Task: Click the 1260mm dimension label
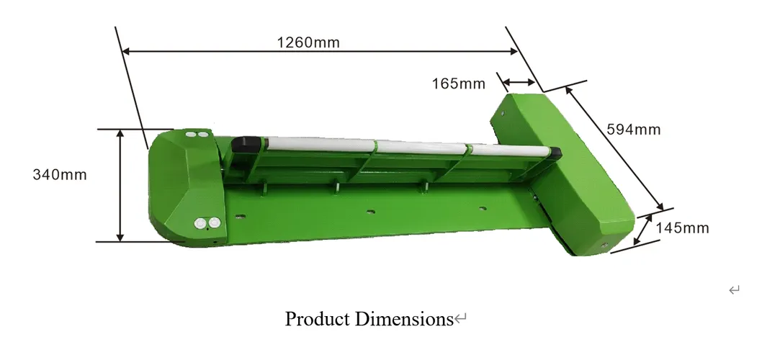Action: tap(308, 42)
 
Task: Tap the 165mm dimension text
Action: tap(459, 84)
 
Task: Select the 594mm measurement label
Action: tap(633, 130)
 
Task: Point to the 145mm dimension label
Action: tap(682, 228)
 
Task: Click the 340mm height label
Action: tap(60, 175)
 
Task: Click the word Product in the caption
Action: tap(317, 318)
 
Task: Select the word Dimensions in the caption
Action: tap(403, 318)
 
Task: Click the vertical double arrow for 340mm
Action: tap(120, 186)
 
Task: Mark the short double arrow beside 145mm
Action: tap(643, 228)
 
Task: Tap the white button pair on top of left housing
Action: tap(196, 134)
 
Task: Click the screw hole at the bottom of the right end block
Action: tap(604, 246)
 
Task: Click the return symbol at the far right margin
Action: tap(734, 290)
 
